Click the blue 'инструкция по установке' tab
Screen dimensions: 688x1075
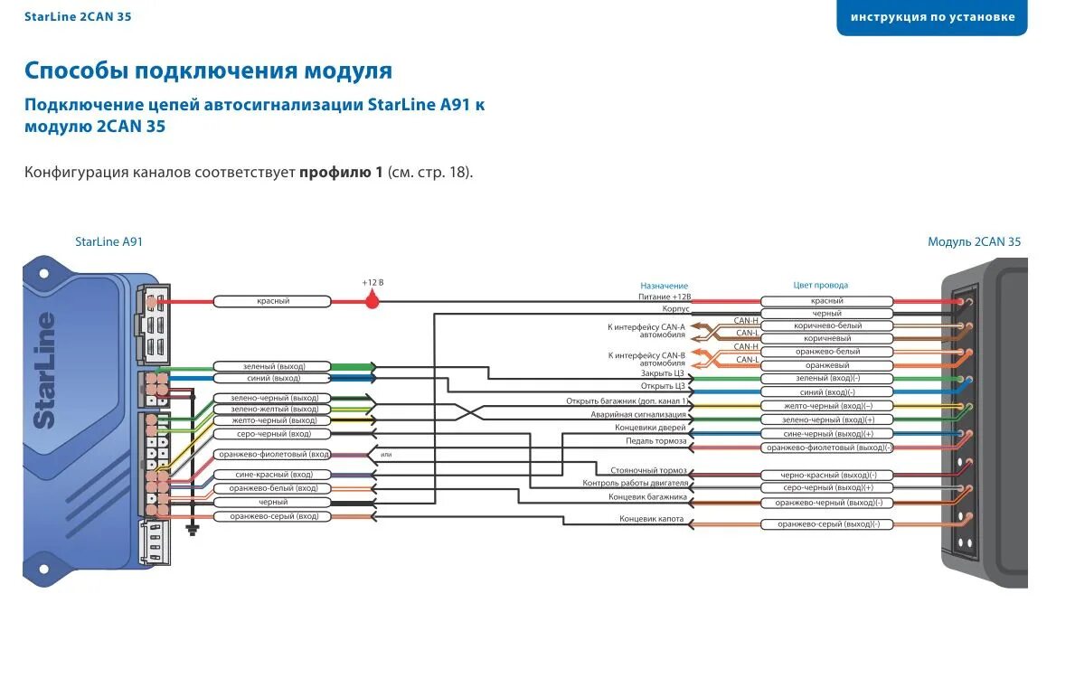click(932, 17)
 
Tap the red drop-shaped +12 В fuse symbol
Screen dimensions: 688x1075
click(372, 301)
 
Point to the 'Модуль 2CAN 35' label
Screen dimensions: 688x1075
click(974, 241)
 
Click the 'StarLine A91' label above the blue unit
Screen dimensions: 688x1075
click(108, 241)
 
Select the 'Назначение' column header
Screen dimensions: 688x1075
click(664, 286)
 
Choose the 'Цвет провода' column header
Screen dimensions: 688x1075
click(820, 286)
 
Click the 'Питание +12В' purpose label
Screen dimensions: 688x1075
click(665, 297)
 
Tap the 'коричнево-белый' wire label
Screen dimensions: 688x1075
click(827, 325)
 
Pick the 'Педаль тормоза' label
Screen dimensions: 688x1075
click(656, 441)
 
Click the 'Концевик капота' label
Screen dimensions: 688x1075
click(653, 519)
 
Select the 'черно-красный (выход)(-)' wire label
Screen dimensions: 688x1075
click(827, 476)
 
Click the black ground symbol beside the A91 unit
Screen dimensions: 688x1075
click(192, 529)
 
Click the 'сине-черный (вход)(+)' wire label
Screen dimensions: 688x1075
click(827, 434)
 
